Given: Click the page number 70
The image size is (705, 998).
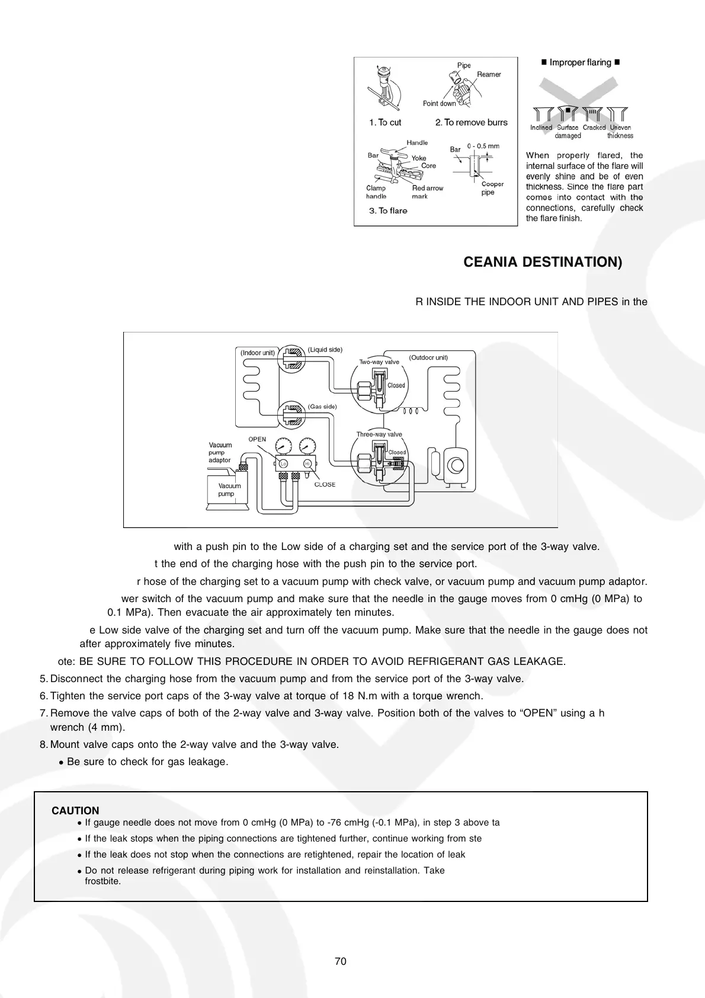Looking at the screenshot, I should point(340,962).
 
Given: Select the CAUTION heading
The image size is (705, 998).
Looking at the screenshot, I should point(75,811).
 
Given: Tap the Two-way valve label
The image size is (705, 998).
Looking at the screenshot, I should point(379,362).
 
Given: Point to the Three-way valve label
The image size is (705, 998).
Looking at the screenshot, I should point(379,434).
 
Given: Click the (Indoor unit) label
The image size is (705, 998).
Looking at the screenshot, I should point(258,353).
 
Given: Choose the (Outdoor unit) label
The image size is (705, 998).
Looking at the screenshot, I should point(428,358).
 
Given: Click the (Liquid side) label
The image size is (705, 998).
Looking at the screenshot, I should point(325,350).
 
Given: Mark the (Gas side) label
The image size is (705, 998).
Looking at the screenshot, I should point(322,407).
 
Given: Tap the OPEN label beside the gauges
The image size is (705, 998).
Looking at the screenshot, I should point(257,439).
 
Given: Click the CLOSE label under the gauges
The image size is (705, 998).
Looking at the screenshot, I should point(325,485).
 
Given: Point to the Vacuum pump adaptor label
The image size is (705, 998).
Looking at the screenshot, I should point(220,452).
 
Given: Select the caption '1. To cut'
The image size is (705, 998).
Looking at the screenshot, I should point(385,123).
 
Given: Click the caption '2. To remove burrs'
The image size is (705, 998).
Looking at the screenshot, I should point(471,123).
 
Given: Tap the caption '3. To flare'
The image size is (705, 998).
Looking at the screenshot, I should point(388,211).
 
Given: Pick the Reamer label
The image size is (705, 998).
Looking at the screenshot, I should point(489,75).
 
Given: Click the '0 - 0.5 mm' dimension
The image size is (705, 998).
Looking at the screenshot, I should point(483,146).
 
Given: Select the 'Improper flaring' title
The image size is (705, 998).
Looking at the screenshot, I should point(580,63).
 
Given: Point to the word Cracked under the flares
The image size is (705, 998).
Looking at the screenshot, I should point(594,127).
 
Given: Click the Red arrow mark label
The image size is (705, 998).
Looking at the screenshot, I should point(427,192).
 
